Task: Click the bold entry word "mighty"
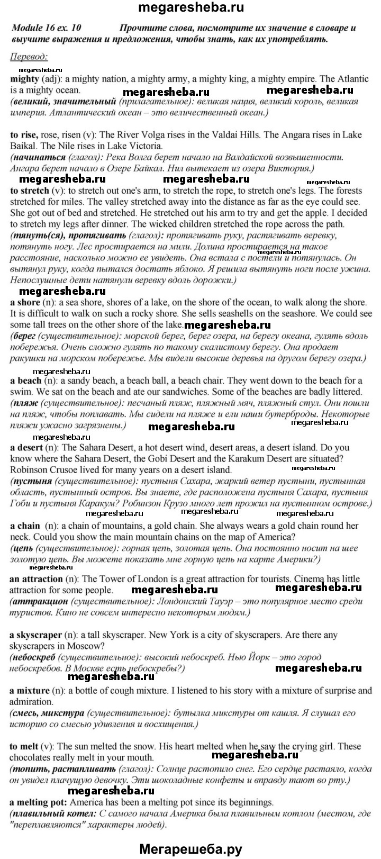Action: (x=24, y=79)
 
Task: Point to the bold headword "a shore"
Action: (x=25, y=302)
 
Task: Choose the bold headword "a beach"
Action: (x=25, y=381)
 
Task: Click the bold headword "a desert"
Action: (x=27, y=447)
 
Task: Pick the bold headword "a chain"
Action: (x=25, y=526)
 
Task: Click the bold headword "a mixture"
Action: (x=30, y=691)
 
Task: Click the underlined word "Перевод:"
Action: (x=29, y=57)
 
